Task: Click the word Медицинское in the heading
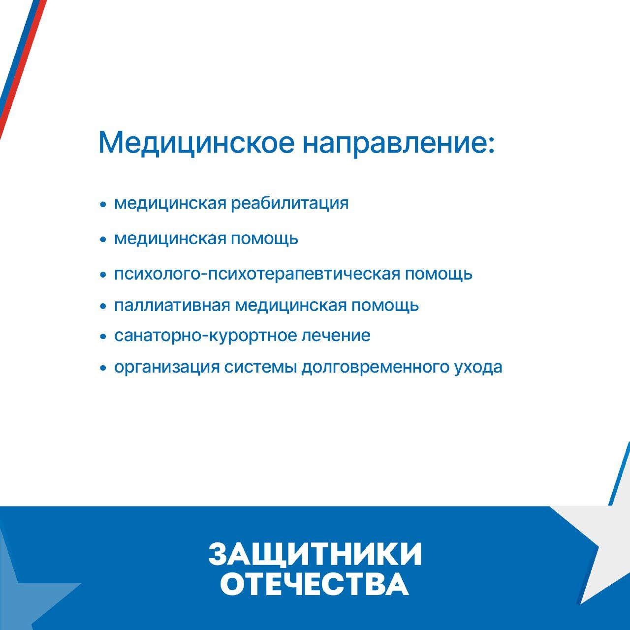(x=196, y=143)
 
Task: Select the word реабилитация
(x=290, y=204)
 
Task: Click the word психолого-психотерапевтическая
(x=257, y=275)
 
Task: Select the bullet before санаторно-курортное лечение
(x=103, y=336)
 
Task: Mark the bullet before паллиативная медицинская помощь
(x=103, y=306)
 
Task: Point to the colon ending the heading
(x=490, y=145)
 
